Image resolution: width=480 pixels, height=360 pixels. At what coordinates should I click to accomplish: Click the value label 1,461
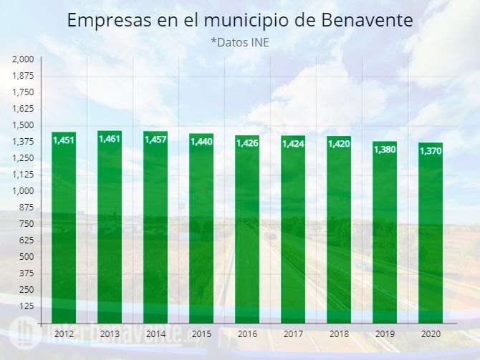[x=110, y=138]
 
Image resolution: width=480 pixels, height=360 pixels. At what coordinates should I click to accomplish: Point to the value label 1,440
[x=201, y=142]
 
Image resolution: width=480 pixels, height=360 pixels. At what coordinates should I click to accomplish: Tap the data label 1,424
[x=293, y=144]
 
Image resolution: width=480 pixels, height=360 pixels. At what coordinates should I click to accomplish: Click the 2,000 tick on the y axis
[x=24, y=59]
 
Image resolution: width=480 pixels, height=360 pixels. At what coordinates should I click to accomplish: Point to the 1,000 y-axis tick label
[x=24, y=191]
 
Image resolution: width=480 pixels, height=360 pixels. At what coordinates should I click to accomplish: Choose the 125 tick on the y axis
[x=27, y=306]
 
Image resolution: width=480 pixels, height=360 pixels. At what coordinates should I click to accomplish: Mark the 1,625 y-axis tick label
[x=24, y=109]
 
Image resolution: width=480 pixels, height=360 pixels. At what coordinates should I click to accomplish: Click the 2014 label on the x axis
[x=155, y=334]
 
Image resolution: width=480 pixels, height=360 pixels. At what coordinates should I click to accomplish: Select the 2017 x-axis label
[x=293, y=334]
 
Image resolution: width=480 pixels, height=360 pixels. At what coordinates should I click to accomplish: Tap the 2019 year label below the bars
[x=385, y=334]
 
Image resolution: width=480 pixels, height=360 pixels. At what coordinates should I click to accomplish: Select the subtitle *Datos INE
[x=239, y=43]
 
